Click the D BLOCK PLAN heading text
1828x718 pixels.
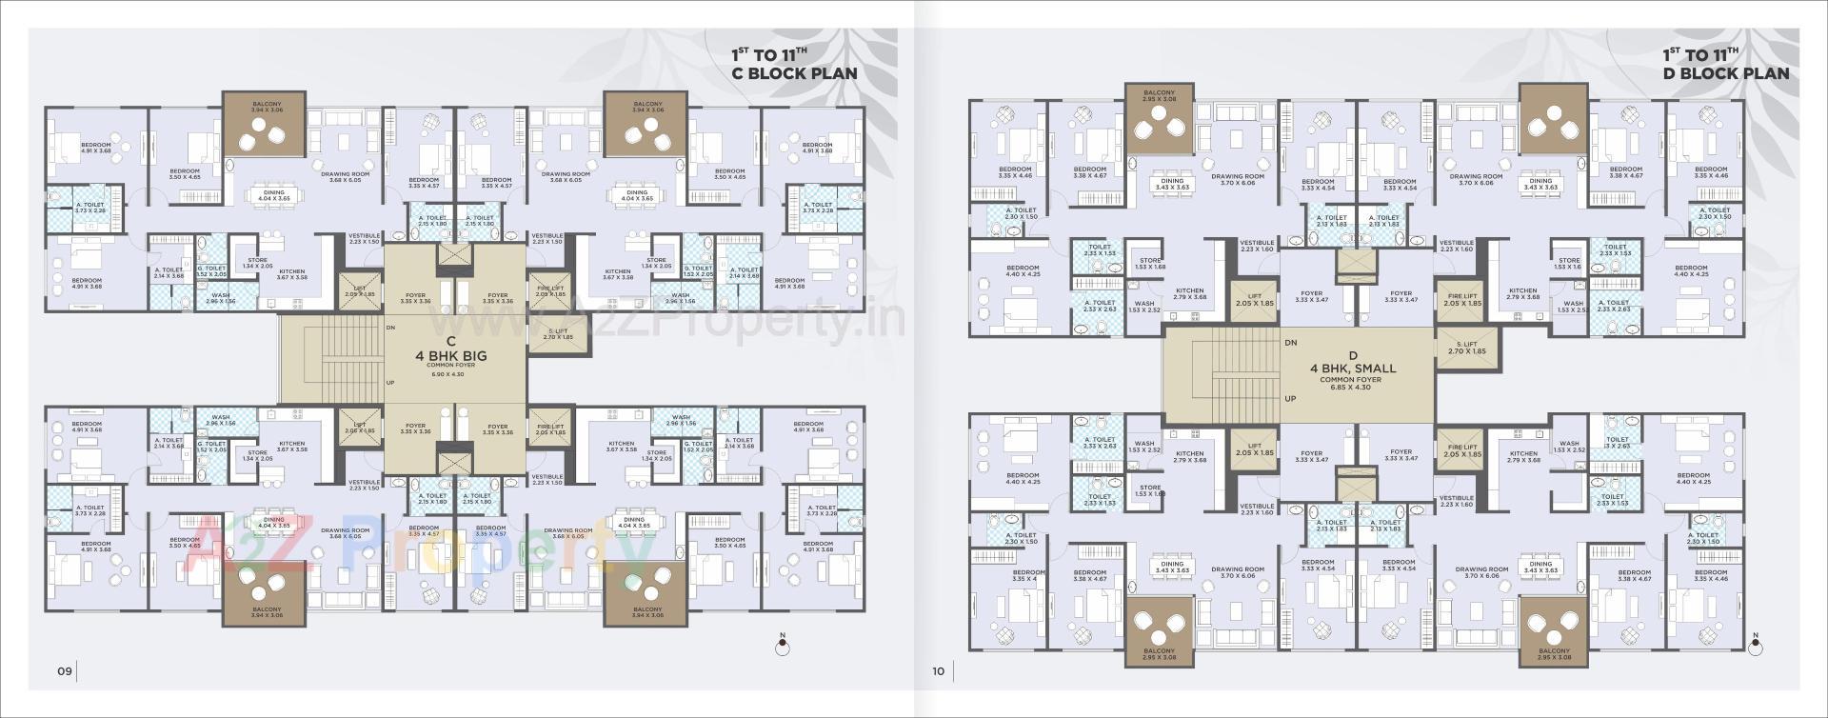click(1725, 73)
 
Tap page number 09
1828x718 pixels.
click(64, 671)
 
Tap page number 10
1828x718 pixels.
click(938, 671)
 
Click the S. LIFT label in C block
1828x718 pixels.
click(557, 334)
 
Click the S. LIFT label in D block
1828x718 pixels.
click(1466, 348)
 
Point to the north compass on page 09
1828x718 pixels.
click(783, 647)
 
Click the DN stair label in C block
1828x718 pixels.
click(390, 327)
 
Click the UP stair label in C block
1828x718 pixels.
click(390, 383)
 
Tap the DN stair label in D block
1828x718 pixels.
click(1290, 343)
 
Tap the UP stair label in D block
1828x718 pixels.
click(1290, 399)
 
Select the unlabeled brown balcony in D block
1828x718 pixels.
click(1553, 119)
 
